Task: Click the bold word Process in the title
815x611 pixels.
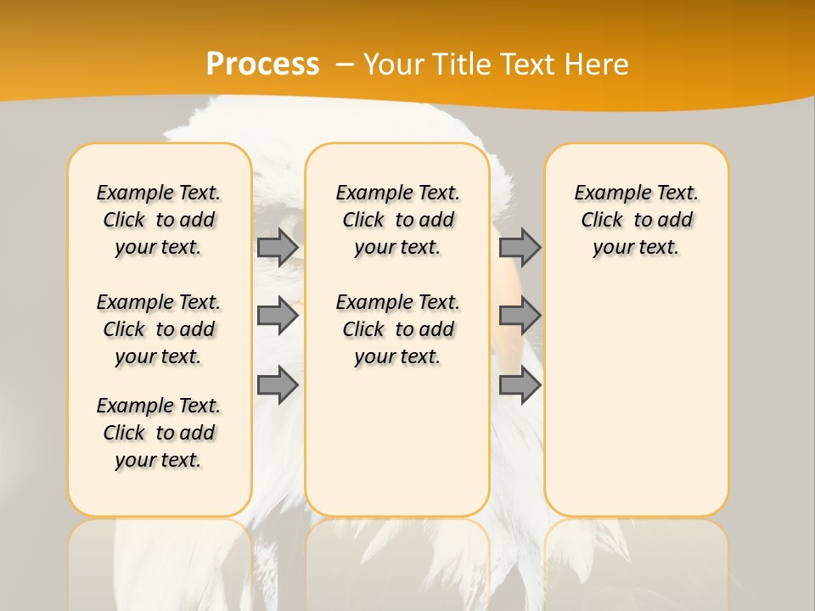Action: [262, 64]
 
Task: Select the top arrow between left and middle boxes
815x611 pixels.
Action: [278, 247]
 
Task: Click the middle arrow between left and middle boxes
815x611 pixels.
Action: [278, 316]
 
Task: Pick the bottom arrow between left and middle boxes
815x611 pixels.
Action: [278, 385]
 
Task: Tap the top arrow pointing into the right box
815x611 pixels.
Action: [520, 247]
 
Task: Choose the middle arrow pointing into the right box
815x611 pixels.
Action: [520, 316]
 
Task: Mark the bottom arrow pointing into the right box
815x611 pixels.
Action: [520, 385]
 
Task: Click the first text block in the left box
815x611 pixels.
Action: [159, 220]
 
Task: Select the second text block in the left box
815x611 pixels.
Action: [159, 329]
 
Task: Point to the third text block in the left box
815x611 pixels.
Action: [159, 433]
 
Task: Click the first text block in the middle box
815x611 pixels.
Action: [397, 220]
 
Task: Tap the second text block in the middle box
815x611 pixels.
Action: [397, 329]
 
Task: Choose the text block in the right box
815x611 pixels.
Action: [636, 220]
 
